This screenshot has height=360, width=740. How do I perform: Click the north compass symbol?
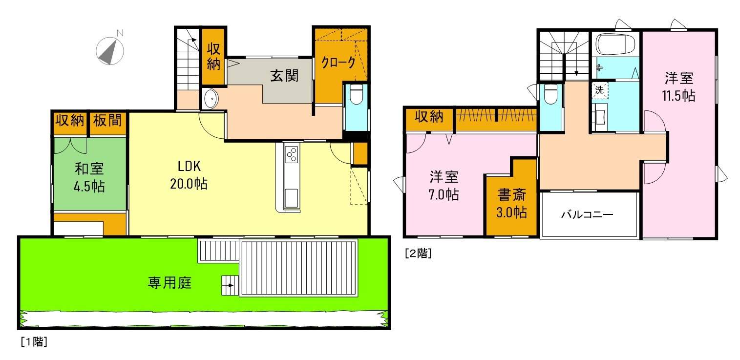(x=110, y=49)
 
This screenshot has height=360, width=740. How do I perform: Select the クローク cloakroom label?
(x=338, y=63)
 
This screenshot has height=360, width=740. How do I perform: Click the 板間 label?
(x=107, y=120)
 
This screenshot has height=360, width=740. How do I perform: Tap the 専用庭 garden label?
(x=169, y=282)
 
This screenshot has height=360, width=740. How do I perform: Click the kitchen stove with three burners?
(x=292, y=154)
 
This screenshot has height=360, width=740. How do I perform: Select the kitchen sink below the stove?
(x=292, y=198)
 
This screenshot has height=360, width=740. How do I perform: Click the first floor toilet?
(x=356, y=95)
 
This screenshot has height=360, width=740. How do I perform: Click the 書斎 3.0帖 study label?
(x=511, y=204)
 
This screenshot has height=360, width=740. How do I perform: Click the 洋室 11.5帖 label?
(x=679, y=86)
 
